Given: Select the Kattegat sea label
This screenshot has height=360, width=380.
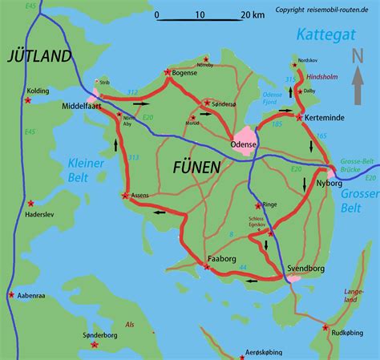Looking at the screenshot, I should pyautogui.click(x=324, y=34).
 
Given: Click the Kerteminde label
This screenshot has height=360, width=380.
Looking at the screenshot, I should pyautogui.click(x=325, y=117).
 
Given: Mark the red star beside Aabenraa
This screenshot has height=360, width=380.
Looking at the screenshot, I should pyautogui.click(x=11, y=295).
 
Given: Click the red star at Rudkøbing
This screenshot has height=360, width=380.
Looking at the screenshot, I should pyautogui.click(x=325, y=327).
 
